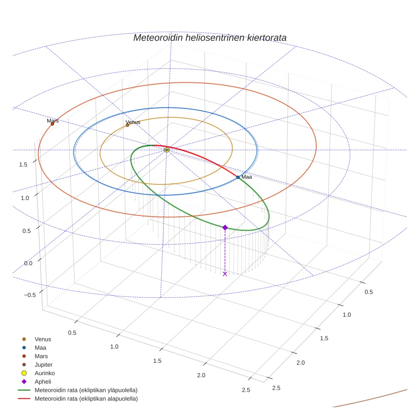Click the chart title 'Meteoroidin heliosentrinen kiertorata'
pyautogui.click(x=210, y=38)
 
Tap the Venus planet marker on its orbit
pyautogui.click(x=127, y=125)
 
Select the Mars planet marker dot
pyautogui.click(x=52, y=124)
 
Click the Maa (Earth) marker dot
pyautogui.click(x=238, y=177)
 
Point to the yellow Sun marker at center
pyautogui.click(x=166, y=150)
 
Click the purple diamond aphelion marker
pyautogui.click(x=225, y=227)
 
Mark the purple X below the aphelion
pyautogui.click(x=225, y=274)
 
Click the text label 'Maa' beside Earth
pyautogui.click(x=247, y=177)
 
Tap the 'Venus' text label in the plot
pyautogui.click(x=133, y=122)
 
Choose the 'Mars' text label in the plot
pyautogui.click(x=52, y=121)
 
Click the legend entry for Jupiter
pyautogui.click(x=43, y=365)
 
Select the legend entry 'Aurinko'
pyautogui.click(x=44, y=373)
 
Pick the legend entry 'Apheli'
pyautogui.click(x=43, y=382)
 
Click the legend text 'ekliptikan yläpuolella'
pyautogui.click(x=86, y=390)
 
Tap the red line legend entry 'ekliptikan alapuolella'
pyautogui.click(x=86, y=399)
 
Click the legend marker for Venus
pyautogui.click(x=24, y=339)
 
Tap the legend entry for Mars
pyautogui.click(x=41, y=356)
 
